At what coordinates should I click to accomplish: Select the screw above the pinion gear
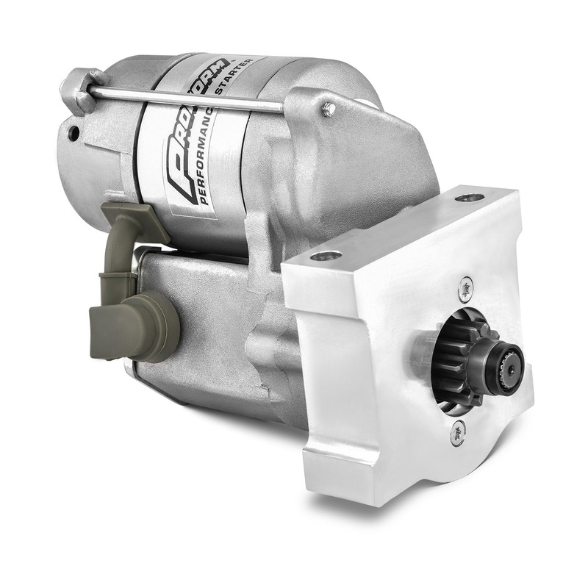(465, 288)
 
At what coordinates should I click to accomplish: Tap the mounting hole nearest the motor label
(326, 256)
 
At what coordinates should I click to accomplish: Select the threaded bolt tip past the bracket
(329, 110)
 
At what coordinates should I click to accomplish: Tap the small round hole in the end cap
(73, 133)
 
